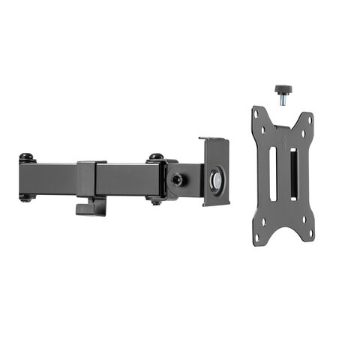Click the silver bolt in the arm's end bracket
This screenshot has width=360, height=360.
[x=216, y=181]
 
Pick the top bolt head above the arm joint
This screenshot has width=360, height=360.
[x=156, y=157]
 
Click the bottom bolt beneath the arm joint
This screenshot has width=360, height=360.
[x=155, y=200]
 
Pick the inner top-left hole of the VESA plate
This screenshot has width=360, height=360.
[x=265, y=127]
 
